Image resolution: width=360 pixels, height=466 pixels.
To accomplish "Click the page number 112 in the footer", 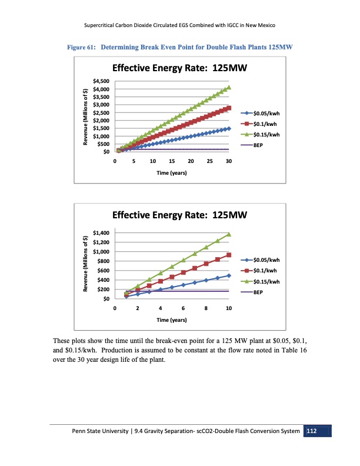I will (312, 432).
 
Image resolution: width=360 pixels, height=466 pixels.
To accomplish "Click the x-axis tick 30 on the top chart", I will (229, 161).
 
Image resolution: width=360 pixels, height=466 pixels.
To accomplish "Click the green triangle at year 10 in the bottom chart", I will (229, 234).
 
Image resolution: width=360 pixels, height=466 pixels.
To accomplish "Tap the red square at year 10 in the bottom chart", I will (229, 255).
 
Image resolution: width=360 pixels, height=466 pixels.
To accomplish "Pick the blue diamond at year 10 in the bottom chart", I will (229, 275).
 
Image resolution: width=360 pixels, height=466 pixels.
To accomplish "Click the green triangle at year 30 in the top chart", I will (229, 87).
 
